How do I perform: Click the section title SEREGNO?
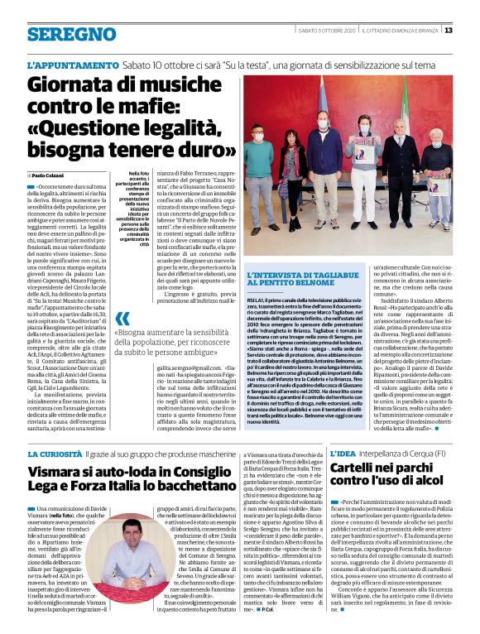[60, 34]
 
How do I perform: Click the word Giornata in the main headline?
[69, 85]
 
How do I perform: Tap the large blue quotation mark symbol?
[122, 320]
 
